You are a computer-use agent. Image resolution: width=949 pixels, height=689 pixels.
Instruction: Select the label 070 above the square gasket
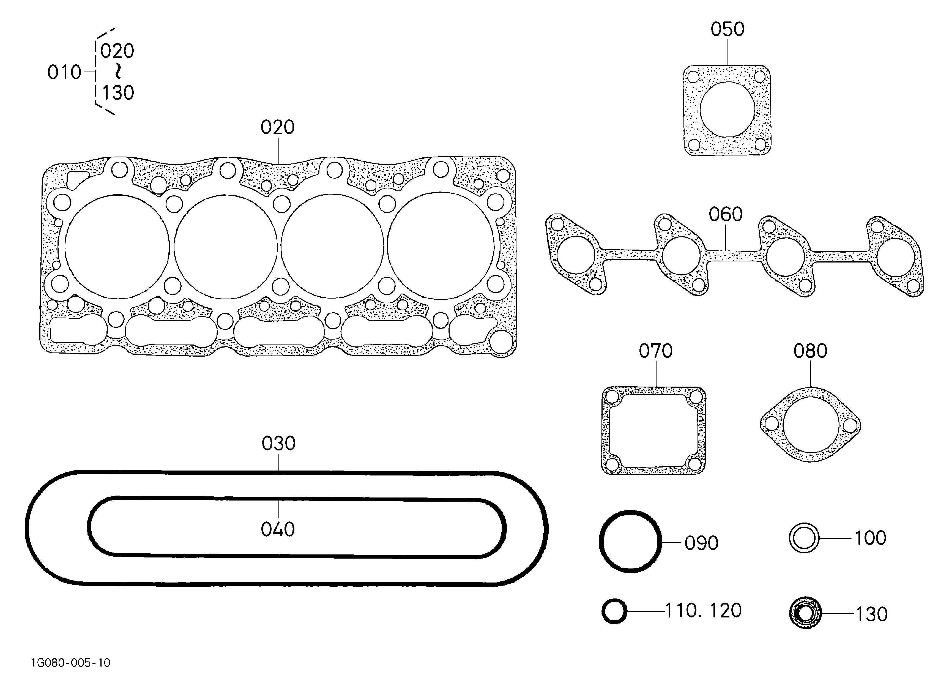pyautogui.click(x=656, y=351)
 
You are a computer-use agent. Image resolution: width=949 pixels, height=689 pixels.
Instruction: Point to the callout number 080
pyautogui.click(x=811, y=351)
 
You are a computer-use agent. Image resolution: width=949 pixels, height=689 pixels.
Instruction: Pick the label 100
pyautogui.click(x=870, y=538)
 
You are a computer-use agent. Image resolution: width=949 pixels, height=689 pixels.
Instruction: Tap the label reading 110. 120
pyautogui.click(x=703, y=611)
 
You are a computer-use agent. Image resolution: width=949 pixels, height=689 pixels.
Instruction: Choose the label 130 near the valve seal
pyautogui.click(x=872, y=614)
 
